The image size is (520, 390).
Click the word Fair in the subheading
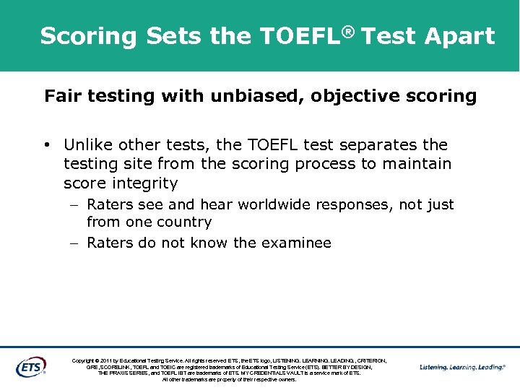click(x=61, y=96)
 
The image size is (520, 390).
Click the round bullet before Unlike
click(x=47, y=145)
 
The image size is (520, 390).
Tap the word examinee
click(x=295, y=243)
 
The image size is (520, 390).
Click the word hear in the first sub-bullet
click(x=217, y=205)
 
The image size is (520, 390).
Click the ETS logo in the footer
click(x=30, y=366)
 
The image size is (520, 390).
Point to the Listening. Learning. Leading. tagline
click(x=462, y=367)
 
